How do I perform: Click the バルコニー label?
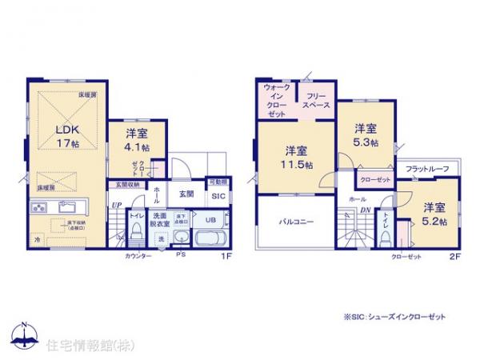[x=295, y=222]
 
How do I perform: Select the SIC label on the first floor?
[x=217, y=195]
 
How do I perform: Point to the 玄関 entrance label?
[x=186, y=194]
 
